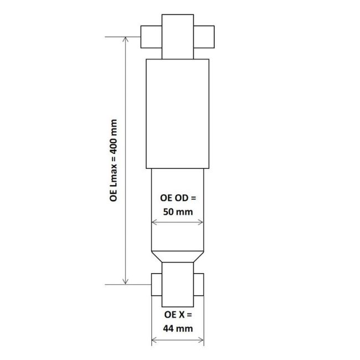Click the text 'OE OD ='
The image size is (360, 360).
178,197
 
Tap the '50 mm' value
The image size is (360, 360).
178,211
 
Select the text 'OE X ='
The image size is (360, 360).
178,314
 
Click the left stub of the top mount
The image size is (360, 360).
151,37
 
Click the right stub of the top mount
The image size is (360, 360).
204,37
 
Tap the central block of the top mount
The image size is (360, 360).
177,30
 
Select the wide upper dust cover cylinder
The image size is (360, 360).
177,113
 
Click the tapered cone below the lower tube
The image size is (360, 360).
177,256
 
